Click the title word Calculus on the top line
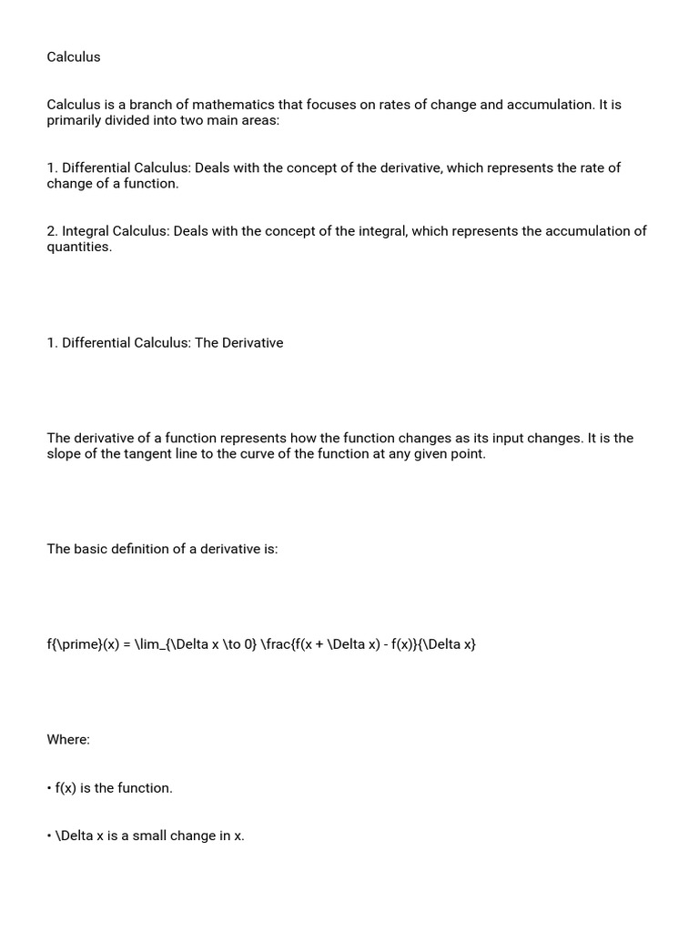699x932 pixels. pos(74,57)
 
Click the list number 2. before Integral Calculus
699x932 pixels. pos(53,231)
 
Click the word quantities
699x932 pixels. pos(79,248)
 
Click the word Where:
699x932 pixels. pos(68,740)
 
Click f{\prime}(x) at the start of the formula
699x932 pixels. pos(81,644)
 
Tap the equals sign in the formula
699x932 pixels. pos(127,644)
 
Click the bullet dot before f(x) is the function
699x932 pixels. pos(49,788)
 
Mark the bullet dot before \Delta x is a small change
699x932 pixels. pos(49,836)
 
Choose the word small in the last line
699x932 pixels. pos(150,836)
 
